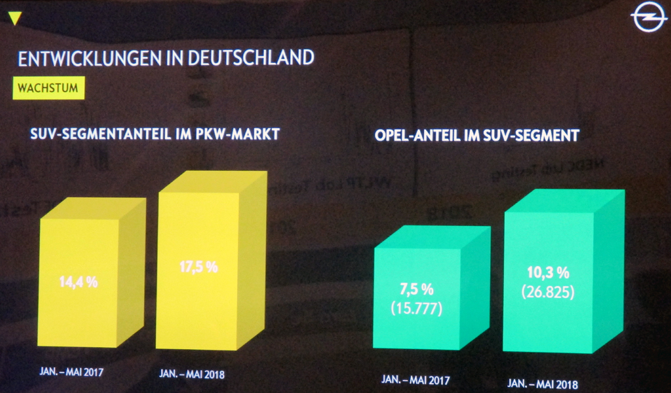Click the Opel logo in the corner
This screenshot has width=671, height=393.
pyautogui.click(x=649, y=17)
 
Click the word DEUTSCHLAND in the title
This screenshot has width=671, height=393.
pyautogui.click(x=250, y=58)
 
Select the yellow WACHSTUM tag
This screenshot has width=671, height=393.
pyautogui.click(x=48, y=88)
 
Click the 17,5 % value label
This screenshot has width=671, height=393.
pyautogui.click(x=198, y=267)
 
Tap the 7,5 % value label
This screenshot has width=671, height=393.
pyautogui.click(x=416, y=290)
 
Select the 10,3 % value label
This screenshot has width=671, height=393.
pyautogui.click(x=548, y=272)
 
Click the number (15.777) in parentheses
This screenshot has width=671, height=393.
pyautogui.click(x=416, y=308)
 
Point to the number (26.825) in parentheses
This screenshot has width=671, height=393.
pyautogui.click(x=548, y=292)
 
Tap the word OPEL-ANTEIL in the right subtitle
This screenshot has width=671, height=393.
pyautogui.click(x=413, y=136)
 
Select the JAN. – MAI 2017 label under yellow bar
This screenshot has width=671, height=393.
pyautogui.click(x=73, y=371)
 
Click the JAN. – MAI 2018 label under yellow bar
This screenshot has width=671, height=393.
pyautogui.click(x=192, y=375)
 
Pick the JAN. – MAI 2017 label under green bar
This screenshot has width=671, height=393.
pyautogui.click(x=415, y=379)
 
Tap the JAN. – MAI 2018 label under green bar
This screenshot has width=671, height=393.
pyautogui.click(x=543, y=383)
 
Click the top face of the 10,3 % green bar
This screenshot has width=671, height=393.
pyautogui.click(x=564, y=200)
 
